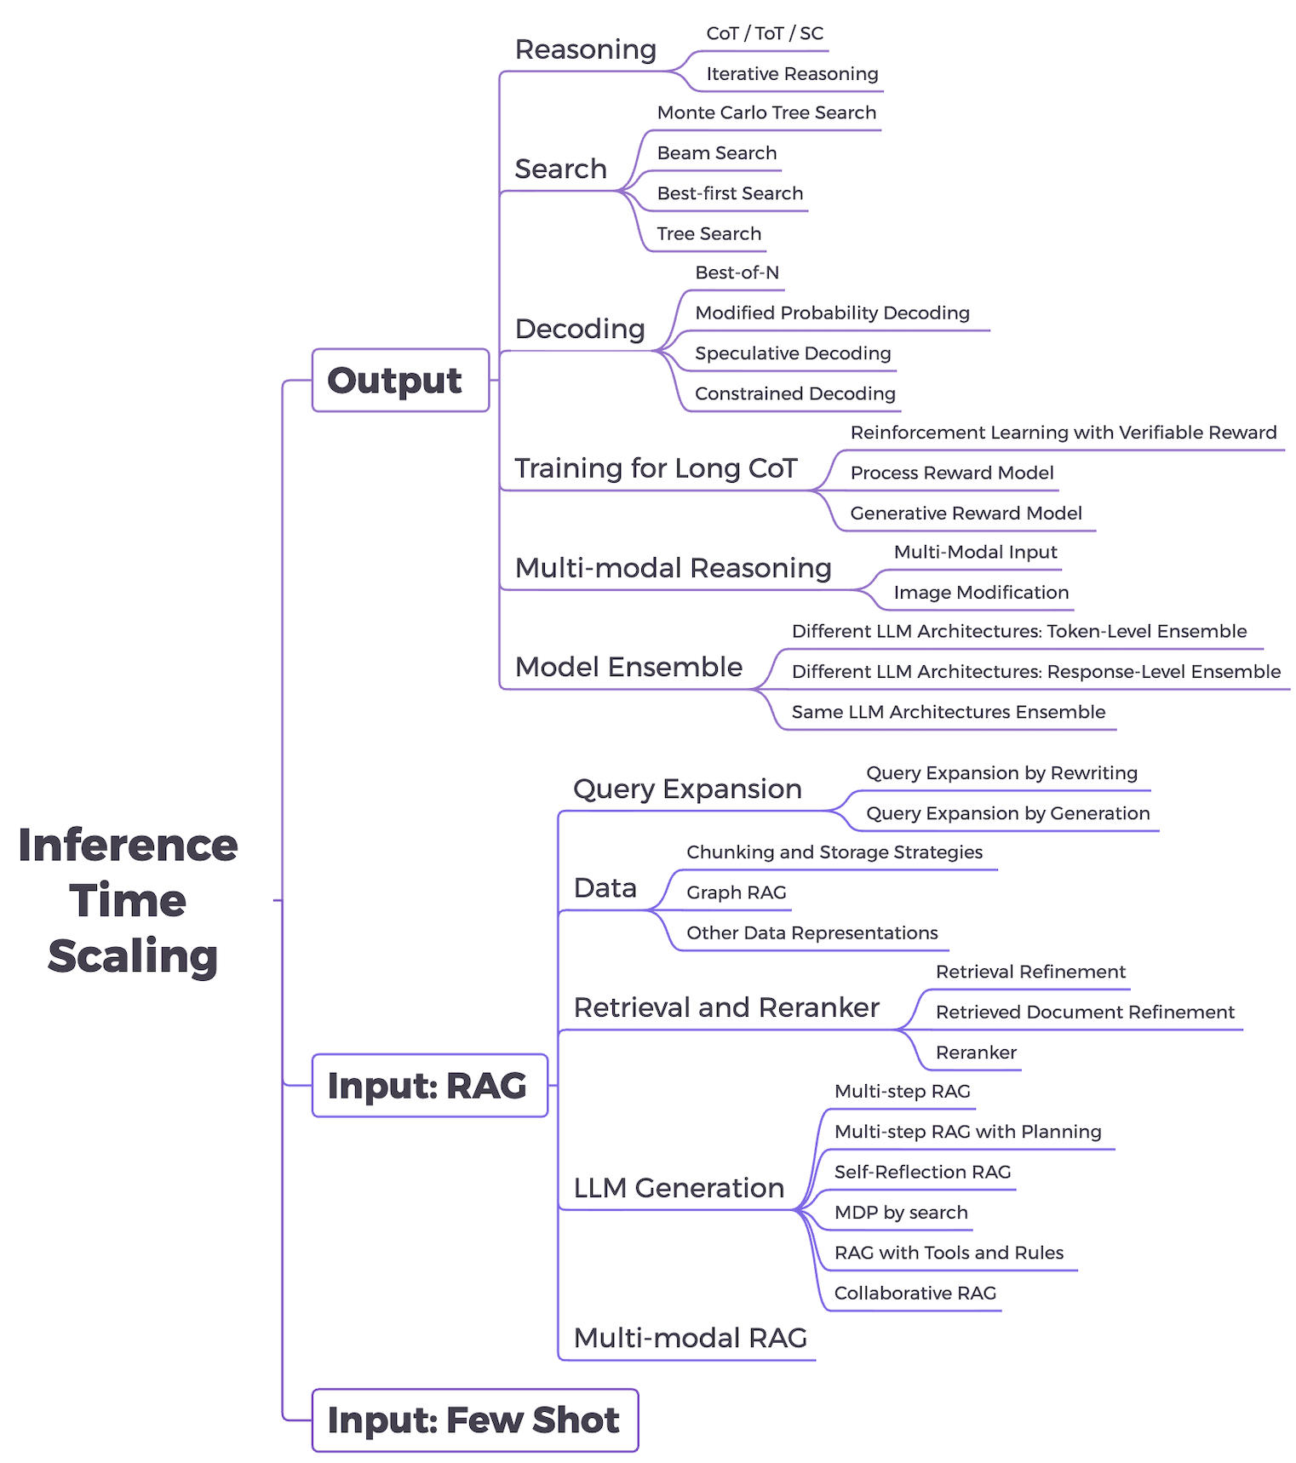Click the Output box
pyautogui.click(x=399, y=381)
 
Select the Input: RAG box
pyautogui.click(x=428, y=1086)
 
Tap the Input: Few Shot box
pyautogui.click(x=474, y=1420)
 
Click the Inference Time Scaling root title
pyautogui.click(x=129, y=900)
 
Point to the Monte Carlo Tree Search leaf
pyautogui.click(x=766, y=112)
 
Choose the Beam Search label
pyautogui.click(x=717, y=153)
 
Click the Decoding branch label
pyautogui.click(x=580, y=329)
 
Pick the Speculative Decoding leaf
pyautogui.click(x=793, y=353)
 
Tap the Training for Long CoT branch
pyautogui.click(x=656, y=468)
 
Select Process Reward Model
pyautogui.click(x=952, y=473)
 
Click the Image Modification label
pyautogui.click(x=981, y=593)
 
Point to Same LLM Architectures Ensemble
pyautogui.click(x=949, y=712)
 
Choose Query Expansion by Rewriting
pyautogui.click(x=1001, y=773)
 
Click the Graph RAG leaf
pyautogui.click(x=737, y=892)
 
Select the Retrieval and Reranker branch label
pyautogui.click(x=726, y=1007)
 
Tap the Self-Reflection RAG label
pyautogui.click(x=922, y=1172)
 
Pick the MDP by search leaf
pyautogui.click(x=901, y=1213)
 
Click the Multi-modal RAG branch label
pyautogui.click(x=690, y=1338)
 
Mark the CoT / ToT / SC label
pyautogui.click(x=765, y=33)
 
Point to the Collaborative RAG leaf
pyautogui.click(x=915, y=1294)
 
